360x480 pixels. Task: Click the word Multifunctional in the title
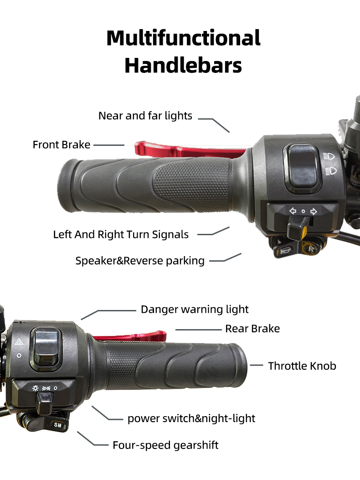(183, 38)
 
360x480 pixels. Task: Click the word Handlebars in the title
(183, 66)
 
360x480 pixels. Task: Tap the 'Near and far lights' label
(145, 116)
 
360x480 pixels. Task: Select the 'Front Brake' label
(62, 145)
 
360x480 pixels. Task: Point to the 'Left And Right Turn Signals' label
(121, 234)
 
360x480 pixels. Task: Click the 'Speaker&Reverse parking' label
(140, 261)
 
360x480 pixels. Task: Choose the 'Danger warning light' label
(195, 310)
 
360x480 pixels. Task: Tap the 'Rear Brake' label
(252, 329)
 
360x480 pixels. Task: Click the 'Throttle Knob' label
(302, 366)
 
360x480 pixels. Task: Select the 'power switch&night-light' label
(191, 418)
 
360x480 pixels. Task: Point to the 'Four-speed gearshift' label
(165, 445)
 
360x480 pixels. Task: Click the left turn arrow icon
(293, 211)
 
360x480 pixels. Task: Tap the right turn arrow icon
(314, 211)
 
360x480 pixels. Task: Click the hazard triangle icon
(19, 341)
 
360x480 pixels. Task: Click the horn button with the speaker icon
(284, 251)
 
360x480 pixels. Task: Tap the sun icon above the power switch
(36, 388)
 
